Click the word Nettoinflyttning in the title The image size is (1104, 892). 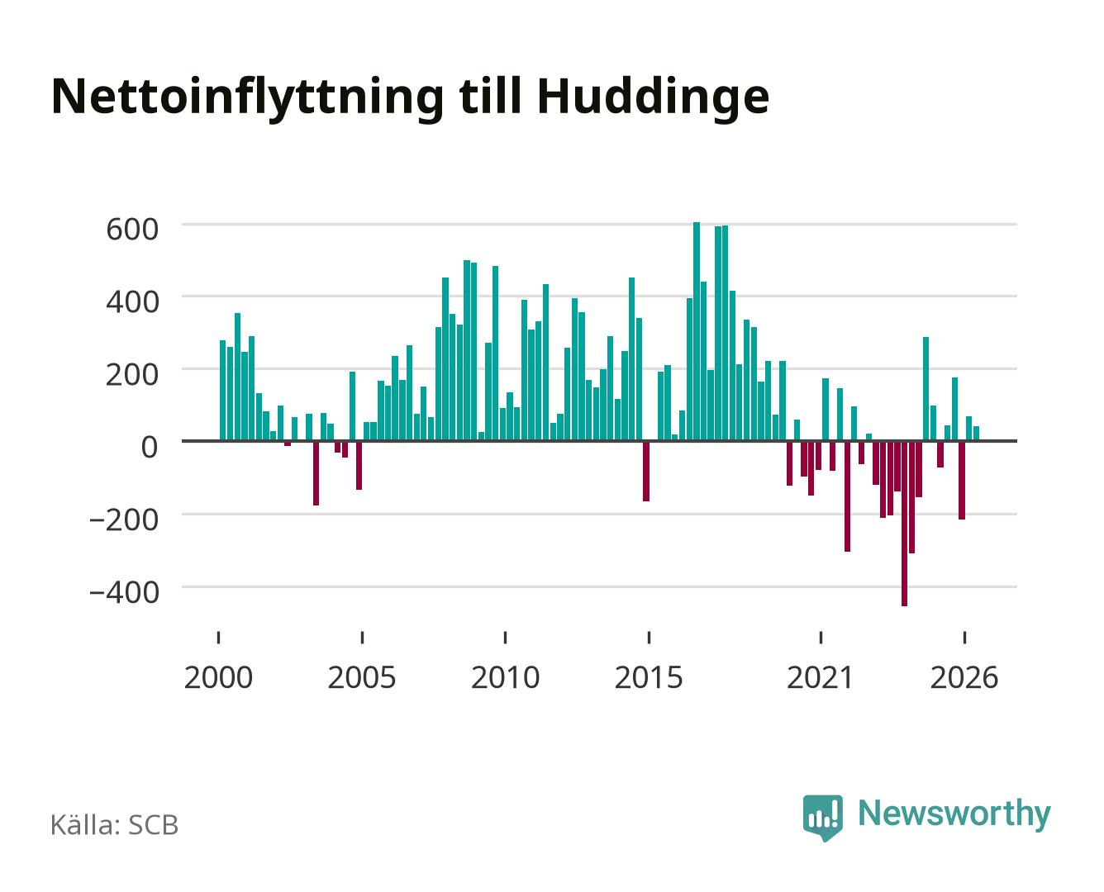coord(247,98)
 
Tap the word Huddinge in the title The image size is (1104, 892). coord(653,98)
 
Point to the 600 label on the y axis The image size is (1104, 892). coord(132,229)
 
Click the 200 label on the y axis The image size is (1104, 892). coord(132,373)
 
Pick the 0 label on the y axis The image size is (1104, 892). coord(150,446)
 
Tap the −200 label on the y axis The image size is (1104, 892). coord(124,519)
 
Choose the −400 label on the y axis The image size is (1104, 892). coord(124,591)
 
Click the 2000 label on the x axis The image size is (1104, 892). coord(218,677)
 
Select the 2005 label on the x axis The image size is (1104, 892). coord(362,677)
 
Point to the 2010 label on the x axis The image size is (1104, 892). coord(506,677)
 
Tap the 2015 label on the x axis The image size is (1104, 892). coord(649,677)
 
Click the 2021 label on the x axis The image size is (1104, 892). coord(820,677)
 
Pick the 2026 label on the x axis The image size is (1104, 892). coord(964,677)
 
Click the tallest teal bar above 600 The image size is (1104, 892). coord(697,331)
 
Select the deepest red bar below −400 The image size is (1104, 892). coord(905,523)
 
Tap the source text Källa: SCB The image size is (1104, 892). coord(115,824)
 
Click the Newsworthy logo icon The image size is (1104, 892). coord(822,818)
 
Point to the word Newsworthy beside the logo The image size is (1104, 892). coord(954,814)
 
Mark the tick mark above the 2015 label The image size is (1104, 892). coord(649,638)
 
